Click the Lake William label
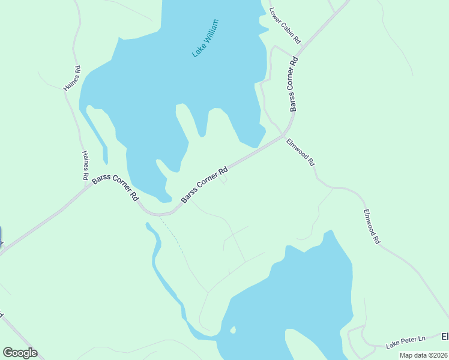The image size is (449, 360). [x=205, y=38]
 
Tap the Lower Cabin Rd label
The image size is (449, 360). [x=285, y=25]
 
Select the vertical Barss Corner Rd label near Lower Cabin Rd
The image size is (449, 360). [x=294, y=84]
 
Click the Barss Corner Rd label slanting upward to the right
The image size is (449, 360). [x=205, y=184]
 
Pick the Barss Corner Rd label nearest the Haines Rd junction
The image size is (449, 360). [x=116, y=188]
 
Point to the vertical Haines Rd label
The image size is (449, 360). [x=85, y=166]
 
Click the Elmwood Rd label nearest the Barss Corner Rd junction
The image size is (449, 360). [x=300, y=152]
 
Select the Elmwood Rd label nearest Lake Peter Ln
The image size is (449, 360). [x=372, y=226]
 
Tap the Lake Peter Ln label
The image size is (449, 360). [x=406, y=343]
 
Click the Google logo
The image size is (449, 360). [x=20, y=353]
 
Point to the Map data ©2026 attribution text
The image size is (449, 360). [x=423, y=355]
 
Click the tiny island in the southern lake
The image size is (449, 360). [x=232, y=330]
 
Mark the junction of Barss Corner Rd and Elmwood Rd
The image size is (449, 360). [x=283, y=136]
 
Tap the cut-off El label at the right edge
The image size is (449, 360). [x=445, y=336]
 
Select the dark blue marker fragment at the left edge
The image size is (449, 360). [x=1, y=235]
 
